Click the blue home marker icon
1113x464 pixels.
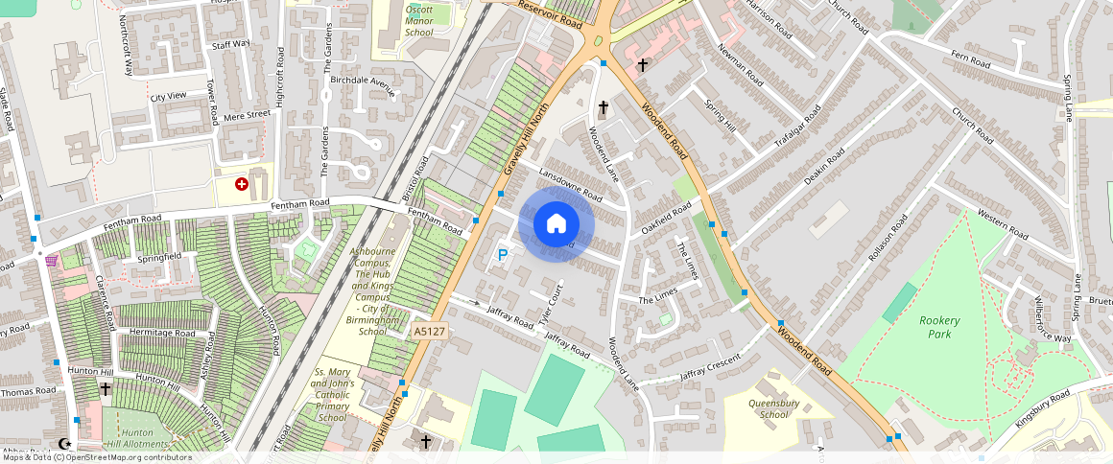[x=556, y=224]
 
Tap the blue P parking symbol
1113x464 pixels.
[x=502, y=256]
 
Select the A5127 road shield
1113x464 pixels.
[x=428, y=331]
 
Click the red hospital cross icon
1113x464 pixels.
[x=242, y=183]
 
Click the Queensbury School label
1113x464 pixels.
[x=774, y=409]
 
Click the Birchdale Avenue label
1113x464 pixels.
[x=363, y=86]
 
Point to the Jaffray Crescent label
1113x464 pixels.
[x=710, y=367]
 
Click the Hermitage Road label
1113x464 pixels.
[x=162, y=334]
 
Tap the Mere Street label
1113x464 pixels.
[x=247, y=115]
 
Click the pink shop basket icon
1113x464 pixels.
[x=51, y=260]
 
